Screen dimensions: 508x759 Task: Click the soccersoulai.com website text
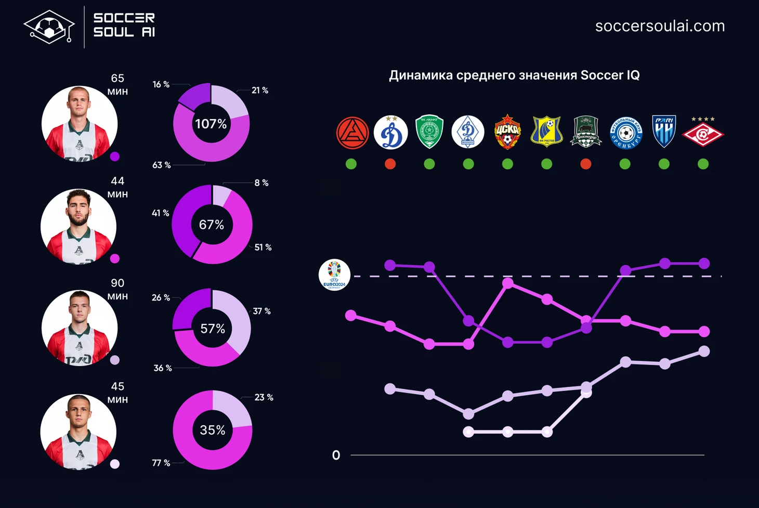click(660, 26)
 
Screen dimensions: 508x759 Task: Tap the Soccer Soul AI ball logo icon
click(49, 27)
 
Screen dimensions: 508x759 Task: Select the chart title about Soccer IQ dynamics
click(514, 75)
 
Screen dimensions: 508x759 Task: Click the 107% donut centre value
click(211, 124)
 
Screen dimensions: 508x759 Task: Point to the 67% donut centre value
click(212, 225)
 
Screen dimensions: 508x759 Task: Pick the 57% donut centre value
click(213, 329)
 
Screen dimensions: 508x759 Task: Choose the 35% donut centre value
click(213, 430)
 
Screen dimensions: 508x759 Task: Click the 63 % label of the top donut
click(161, 165)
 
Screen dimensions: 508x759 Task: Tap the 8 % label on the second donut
click(261, 183)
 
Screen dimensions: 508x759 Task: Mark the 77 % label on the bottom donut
click(161, 463)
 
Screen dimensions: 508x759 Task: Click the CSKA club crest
click(507, 132)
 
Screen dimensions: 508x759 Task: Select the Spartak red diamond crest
click(703, 133)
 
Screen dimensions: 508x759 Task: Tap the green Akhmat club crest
click(429, 132)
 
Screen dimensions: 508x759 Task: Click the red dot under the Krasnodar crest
click(586, 164)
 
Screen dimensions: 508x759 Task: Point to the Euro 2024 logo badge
click(334, 275)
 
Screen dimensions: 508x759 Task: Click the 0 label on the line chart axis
click(336, 455)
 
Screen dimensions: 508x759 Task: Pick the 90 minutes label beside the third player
click(117, 289)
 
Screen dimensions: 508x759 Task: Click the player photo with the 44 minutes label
click(78, 226)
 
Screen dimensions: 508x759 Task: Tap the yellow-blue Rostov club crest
click(546, 132)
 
